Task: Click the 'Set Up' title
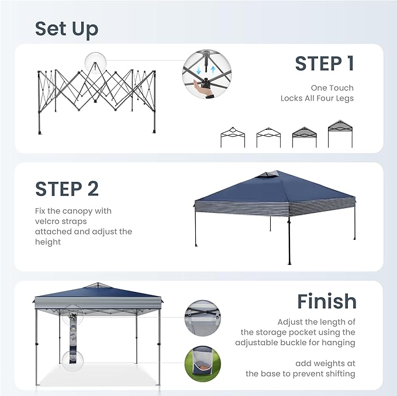coord(66,29)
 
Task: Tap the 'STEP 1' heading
coord(324,64)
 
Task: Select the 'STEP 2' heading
coord(67,189)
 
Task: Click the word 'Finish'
coord(326,301)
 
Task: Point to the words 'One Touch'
coord(332,88)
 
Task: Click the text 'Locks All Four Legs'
coord(317,98)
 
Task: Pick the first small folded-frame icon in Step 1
coord(232,137)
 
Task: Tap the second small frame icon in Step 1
coord(268,137)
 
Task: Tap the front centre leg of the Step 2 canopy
coord(289,240)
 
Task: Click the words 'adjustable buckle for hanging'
coord(295,343)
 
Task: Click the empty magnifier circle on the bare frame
coord(96,61)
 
